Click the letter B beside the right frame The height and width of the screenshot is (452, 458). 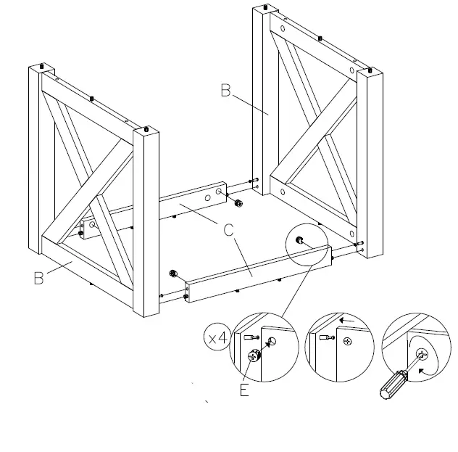click(225, 91)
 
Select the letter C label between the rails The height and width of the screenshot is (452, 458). click(228, 231)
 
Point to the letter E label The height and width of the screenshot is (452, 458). click(244, 390)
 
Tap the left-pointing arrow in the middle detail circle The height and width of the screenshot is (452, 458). click(349, 319)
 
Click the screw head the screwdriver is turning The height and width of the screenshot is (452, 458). click(423, 355)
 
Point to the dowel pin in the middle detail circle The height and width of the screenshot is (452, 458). click(325, 337)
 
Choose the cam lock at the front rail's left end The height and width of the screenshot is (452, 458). click(173, 274)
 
